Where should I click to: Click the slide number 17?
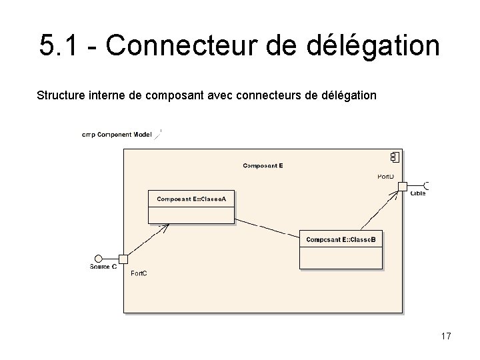446,336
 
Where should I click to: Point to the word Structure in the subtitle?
59,96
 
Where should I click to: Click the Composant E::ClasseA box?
191,207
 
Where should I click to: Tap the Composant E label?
263,165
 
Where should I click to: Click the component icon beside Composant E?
395,157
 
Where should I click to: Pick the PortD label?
385,177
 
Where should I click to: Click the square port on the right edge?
403,186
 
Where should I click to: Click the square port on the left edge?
123,259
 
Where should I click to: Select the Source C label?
103,267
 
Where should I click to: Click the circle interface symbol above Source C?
99,259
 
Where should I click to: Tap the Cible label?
418,193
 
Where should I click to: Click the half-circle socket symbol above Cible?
425,185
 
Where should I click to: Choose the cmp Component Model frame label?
117,135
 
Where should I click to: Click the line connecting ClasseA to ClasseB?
267,228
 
